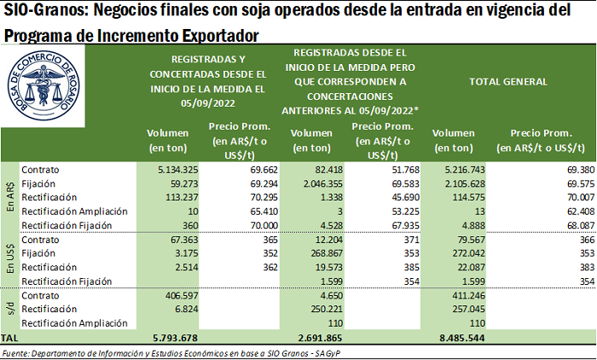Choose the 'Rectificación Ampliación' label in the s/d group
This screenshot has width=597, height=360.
pos(73,323)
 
